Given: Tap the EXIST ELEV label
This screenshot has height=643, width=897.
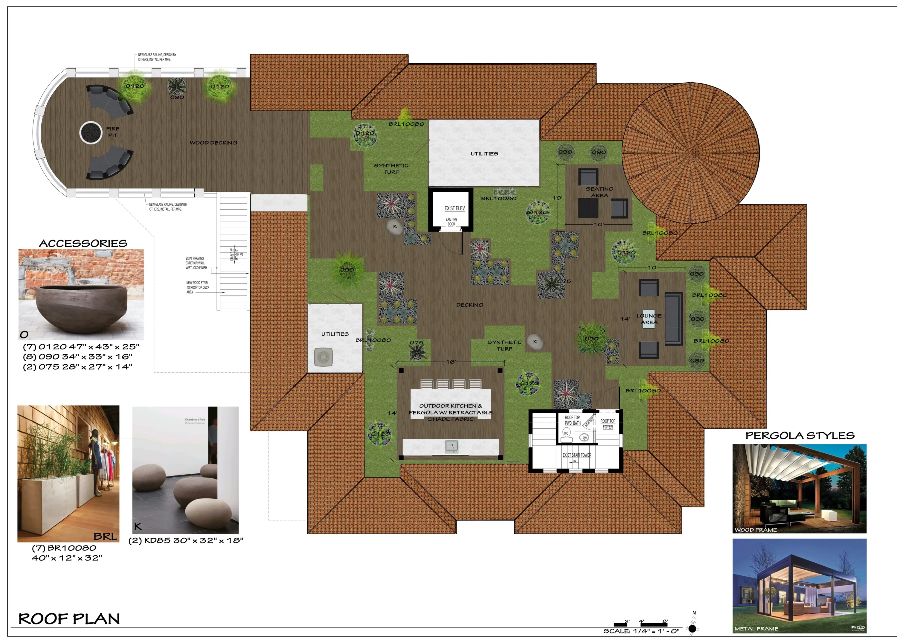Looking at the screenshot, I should point(454,208).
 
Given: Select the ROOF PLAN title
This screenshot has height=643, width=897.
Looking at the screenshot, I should point(69,618).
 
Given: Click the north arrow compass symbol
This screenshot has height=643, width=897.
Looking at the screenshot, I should point(692,628).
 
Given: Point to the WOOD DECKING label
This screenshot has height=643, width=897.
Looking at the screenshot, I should point(213,142).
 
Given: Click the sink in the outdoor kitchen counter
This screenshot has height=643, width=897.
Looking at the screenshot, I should point(451,446).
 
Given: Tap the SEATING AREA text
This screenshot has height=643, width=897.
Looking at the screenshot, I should point(599,192).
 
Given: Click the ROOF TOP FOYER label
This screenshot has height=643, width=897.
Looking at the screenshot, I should point(608,424).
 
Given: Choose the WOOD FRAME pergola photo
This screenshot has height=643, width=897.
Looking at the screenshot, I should point(799,488).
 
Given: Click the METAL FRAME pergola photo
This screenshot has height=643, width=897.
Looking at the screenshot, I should point(799,586).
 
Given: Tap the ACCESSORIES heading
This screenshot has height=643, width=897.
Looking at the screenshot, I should point(83,243).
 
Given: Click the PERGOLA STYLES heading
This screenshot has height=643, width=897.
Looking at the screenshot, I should point(800,436).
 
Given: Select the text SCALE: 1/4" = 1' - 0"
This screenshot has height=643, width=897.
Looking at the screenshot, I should point(641,631).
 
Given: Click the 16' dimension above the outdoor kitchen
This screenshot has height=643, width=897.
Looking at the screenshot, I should point(451,362).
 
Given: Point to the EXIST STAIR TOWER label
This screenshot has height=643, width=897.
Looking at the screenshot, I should point(577,455).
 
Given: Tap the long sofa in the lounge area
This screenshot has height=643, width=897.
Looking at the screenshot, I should point(674,319).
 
